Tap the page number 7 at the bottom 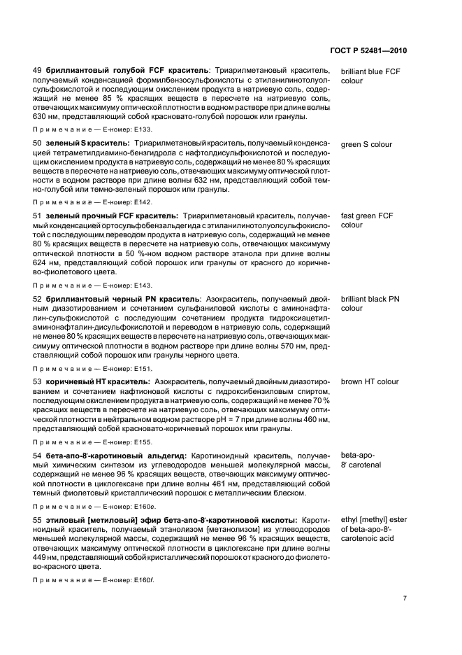405,599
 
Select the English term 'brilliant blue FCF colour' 370,76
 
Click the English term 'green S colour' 366,145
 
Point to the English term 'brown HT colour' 370,382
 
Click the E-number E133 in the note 140,130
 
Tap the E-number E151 140,368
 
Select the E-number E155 140,442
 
